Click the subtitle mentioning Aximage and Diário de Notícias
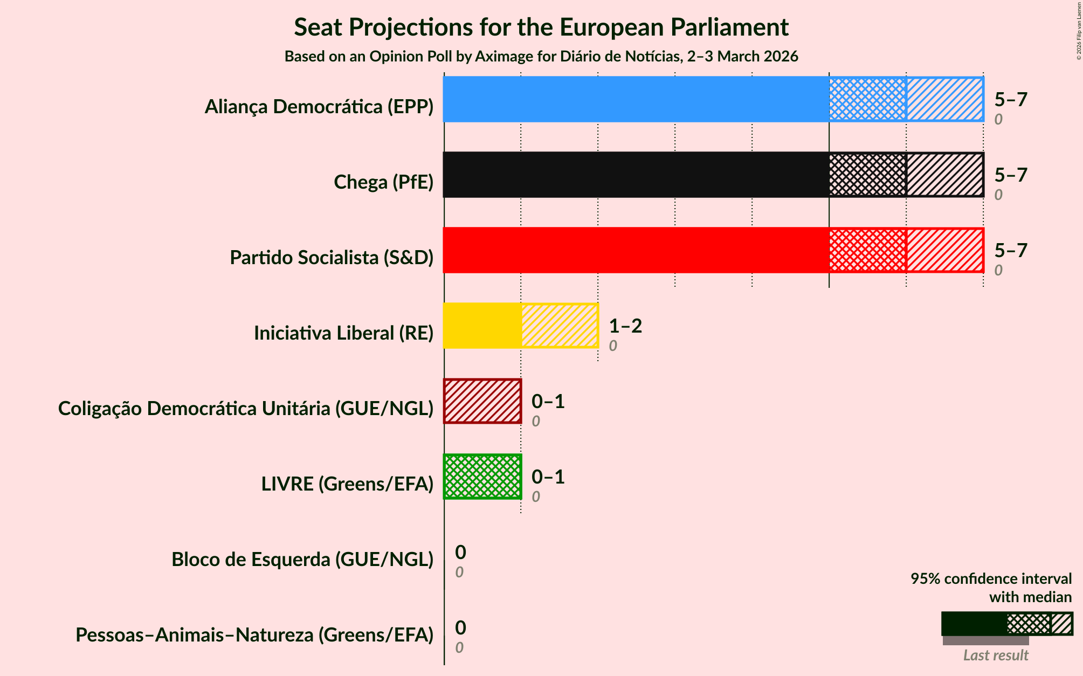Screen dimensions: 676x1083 click(x=541, y=57)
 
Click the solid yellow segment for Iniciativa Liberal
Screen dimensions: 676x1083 click(x=482, y=326)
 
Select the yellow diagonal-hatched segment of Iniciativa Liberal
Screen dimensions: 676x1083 click(x=560, y=326)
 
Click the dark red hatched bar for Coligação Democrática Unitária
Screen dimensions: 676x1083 click(x=482, y=401)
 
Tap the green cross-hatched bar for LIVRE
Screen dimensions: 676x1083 click(x=482, y=477)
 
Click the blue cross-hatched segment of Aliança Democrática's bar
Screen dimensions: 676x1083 click(x=867, y=99)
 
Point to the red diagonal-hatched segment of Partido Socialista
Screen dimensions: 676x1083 click(x=944, y=250)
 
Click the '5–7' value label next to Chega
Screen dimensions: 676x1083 click(x=1011, y=175)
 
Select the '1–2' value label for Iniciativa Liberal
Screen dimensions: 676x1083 click(x=625, y=326)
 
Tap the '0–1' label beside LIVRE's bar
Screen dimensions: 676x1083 click(x=548, y=477)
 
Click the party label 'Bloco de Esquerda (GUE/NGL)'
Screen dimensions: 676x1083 click(x=302, y=560)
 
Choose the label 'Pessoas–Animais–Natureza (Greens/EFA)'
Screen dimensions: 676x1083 click(x=254, y=635)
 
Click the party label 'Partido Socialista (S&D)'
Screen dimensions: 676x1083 click(x=332, y=258)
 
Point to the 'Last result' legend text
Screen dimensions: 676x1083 click(x=996, y=655)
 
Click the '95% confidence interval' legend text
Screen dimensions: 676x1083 click(x=991, y=579)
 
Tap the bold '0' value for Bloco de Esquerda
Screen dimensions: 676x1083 click(x=460, y=553)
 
